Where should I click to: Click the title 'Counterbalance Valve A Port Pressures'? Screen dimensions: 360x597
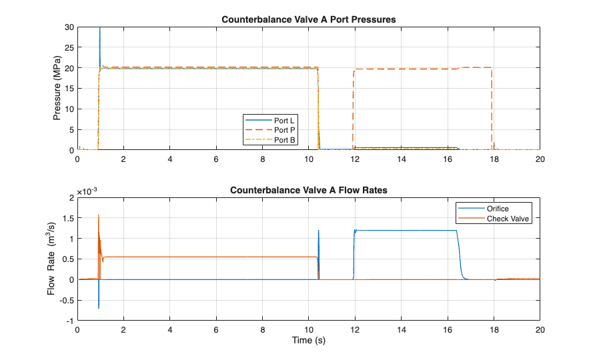pos(309,20)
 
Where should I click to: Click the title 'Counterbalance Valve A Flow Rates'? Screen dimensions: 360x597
pos(309,190)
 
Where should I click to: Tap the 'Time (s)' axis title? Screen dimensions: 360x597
pos(309,341)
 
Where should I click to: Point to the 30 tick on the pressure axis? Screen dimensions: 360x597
pos(69,27)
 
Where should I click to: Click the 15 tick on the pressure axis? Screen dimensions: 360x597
pos(69,89)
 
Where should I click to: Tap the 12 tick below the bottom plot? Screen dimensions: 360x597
pos(355,330)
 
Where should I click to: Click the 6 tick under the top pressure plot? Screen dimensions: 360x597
pos(216,160)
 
